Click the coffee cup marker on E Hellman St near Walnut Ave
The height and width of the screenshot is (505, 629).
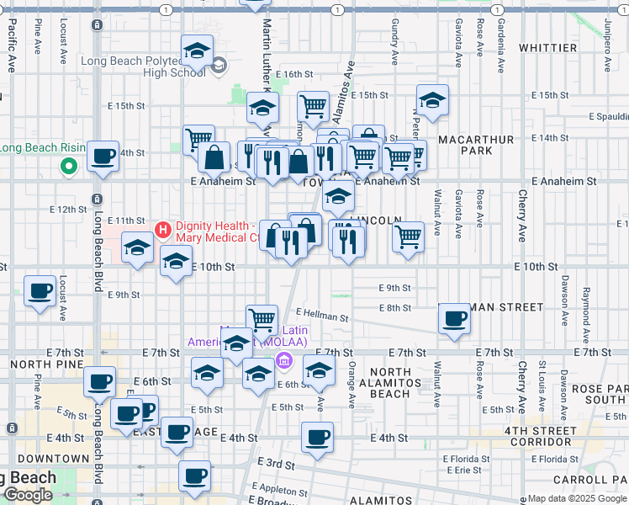[x=455, y=319]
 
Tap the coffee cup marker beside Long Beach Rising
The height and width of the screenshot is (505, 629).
[x=103, y=157]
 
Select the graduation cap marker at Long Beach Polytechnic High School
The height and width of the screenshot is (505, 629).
[x=197, y=52]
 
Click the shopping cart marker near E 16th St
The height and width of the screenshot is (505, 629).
[x=313, y=107]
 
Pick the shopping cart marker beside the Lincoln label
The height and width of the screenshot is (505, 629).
[x=408, y=237]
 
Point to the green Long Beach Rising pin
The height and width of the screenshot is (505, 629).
[x=68, y=167]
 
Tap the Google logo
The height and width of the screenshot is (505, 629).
[x=29, y=495]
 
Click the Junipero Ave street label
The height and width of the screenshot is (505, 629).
[x=605, y=42]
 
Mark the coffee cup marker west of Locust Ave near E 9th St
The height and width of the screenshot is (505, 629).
[x=40, y=292]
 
